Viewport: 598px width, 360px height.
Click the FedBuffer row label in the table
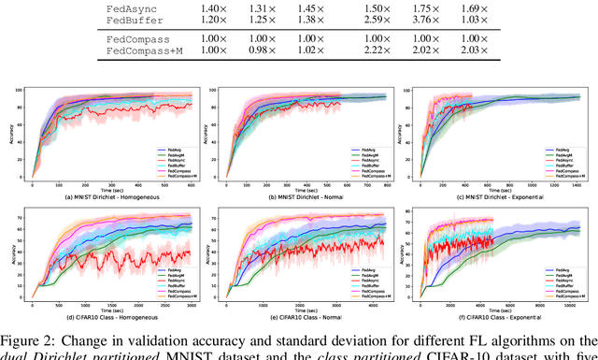coord(130,19)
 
